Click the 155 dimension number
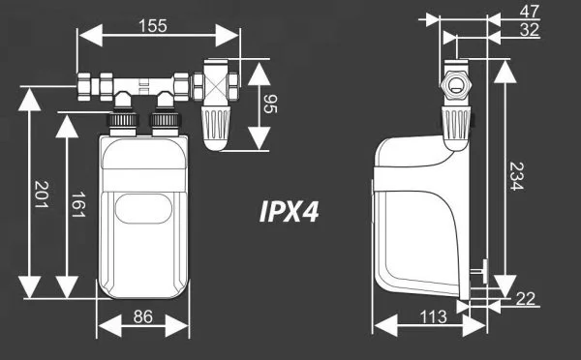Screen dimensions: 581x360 (153, 26)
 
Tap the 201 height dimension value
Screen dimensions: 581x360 (41, 195)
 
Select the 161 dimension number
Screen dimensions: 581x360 (78, 204)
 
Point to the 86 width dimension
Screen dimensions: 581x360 (143, 317)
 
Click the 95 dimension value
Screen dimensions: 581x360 (270, 104)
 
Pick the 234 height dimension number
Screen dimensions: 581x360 (516, 176)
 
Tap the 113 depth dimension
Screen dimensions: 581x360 (433, 317)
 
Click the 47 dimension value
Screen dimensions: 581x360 (529, 12)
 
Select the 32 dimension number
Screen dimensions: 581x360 (529, 30)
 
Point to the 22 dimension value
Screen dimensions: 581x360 (526, 299)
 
